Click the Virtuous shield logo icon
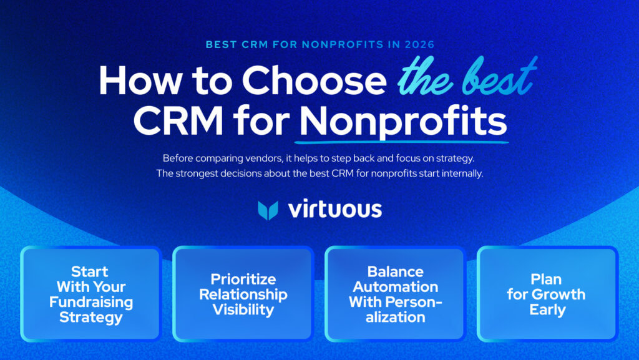268,210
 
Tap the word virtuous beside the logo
334,210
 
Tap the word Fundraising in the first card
91,302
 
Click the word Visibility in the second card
243,309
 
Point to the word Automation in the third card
395,287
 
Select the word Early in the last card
547,309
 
